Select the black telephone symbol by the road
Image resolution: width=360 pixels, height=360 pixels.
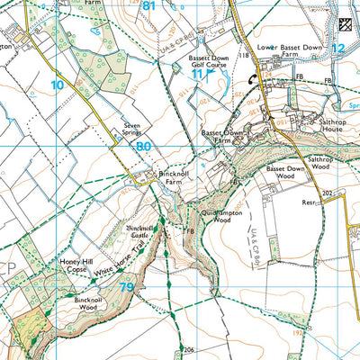pos(250,78)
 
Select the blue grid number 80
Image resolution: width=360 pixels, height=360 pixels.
pos(144,145)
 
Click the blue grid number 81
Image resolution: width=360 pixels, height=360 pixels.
pos(148,6)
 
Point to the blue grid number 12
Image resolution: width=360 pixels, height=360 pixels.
pos(337,48)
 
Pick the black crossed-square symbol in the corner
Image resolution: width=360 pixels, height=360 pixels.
pos(345,25)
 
